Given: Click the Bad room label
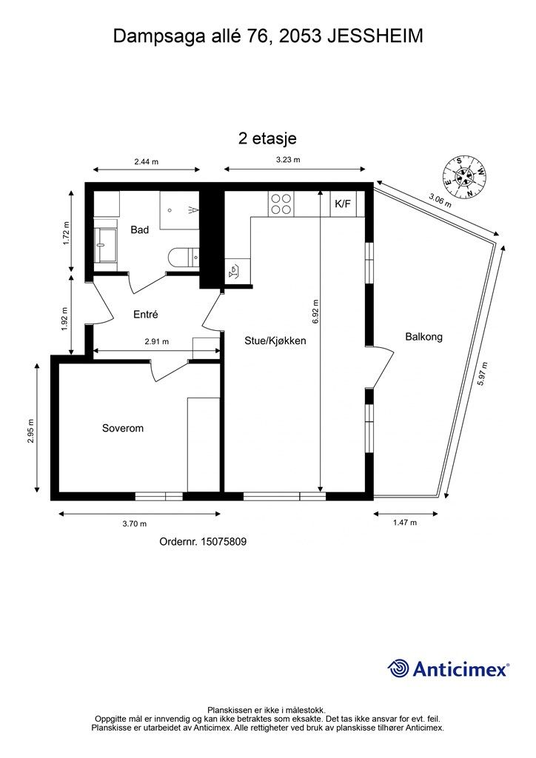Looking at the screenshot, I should click(140, 230).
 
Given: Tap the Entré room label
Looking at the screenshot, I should click(146, 315).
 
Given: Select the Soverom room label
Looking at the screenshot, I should click(122, 429).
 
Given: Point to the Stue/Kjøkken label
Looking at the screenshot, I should click(275, 341).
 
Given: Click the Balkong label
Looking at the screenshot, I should click(423, 337).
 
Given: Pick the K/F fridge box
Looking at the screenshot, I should click(343, 204).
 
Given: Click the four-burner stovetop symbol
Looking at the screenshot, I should click(281, 204).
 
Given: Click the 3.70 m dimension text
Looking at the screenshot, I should click(134, 523).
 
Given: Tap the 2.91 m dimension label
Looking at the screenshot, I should click(156, 342).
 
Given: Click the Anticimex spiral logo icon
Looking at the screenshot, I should click(398, 668).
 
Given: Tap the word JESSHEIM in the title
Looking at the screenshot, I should click(375, 36).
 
